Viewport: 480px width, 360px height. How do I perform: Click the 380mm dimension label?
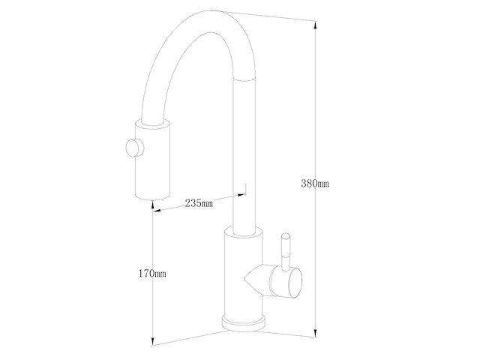click(x=315, y=184)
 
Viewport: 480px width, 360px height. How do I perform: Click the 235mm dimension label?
click(x=199, y=202)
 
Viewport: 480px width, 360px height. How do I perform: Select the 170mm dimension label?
click(x=152, y=273)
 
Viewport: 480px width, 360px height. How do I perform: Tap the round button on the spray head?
click(x=135, y=148)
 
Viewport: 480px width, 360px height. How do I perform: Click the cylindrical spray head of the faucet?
click(x=152, y=160)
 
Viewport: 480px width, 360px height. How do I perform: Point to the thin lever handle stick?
click(x=286, y=253)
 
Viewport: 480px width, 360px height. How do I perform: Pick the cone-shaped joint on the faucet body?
click(x=253, y=279)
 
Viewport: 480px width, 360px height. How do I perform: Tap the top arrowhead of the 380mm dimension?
click(x=315, y=25)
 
